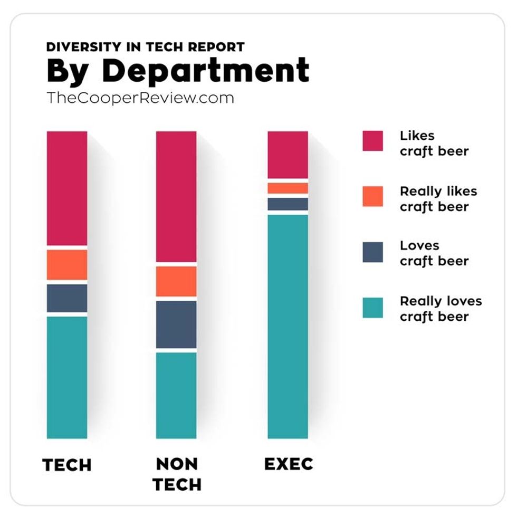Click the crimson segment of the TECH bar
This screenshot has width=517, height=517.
(67, 188)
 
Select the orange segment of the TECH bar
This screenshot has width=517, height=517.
(67, 265)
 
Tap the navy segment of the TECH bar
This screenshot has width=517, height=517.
(67, 298)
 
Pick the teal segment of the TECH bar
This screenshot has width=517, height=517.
(67, 377)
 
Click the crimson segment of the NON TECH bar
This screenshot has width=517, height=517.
(176, 196)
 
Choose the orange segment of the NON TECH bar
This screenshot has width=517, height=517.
(176, 281)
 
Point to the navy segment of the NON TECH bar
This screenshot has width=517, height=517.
(176, 324)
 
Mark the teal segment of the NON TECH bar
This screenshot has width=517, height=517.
(176, 395)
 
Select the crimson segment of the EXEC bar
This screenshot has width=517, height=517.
(288, 155)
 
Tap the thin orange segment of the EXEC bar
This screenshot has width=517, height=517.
(288, 188)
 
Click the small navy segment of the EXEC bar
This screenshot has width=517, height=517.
(288, 204)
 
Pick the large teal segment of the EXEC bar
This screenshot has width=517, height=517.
(288, 326)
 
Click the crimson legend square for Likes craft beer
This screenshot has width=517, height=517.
(372, 141)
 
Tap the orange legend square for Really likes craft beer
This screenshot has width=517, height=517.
(372, 196)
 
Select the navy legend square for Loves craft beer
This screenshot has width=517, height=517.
(372, 252)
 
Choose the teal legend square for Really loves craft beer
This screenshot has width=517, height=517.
(372, 308)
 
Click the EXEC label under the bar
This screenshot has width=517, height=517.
(289, 464)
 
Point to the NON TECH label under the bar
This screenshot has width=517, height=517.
(177, 474)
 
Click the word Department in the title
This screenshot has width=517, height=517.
(206, 71)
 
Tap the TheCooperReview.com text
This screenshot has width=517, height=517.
(140, 98)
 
